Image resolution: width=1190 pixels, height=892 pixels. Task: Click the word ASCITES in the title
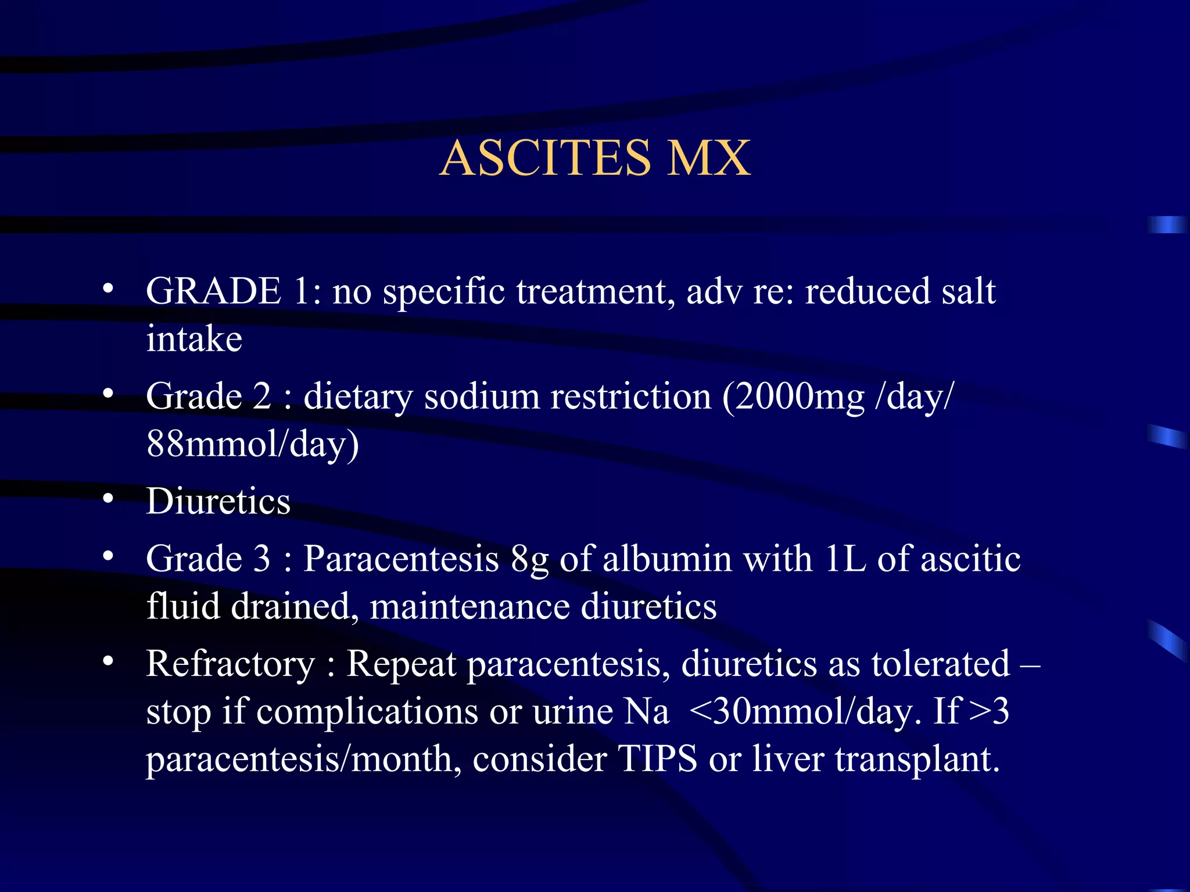pos(546,158)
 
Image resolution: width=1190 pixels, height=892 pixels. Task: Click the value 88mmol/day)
pos(253,444)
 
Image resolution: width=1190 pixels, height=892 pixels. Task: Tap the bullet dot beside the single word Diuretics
pos(108,498)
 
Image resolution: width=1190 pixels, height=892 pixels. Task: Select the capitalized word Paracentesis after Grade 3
pos(401,559)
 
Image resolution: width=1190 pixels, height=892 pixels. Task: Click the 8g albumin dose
pos(529,560)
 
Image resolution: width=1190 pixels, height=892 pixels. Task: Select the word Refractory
pos(230,663)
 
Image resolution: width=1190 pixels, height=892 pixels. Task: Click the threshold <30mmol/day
pos(805,711)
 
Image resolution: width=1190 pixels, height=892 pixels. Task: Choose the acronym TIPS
pos(657,758)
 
